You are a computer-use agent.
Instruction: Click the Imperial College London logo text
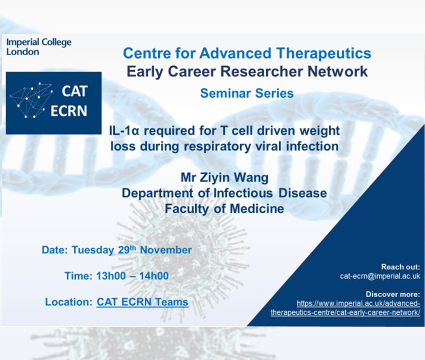(x=39, y=47)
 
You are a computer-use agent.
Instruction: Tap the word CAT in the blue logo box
(x=74, y=91)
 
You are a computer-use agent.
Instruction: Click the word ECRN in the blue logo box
(x=69, y=111)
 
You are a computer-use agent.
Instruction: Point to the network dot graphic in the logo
(x=31, y=100)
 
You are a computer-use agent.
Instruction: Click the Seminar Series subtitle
(x=247, y=93)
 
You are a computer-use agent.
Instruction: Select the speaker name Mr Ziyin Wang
(x=224, y=178)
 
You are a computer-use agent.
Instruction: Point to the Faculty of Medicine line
(x=224, y=209)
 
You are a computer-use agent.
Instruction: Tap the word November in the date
(x=166, y=250)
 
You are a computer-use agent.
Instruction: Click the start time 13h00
(x=111, y=276)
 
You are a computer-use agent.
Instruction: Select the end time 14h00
(x=154, y=276)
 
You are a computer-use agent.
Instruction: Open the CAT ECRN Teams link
(x=142, y=302)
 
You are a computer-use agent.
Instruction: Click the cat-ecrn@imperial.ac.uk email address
(x=380, y=276)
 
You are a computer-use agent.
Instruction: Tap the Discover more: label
(x=393, y=294)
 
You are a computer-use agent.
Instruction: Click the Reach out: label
(x=400, y=267)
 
